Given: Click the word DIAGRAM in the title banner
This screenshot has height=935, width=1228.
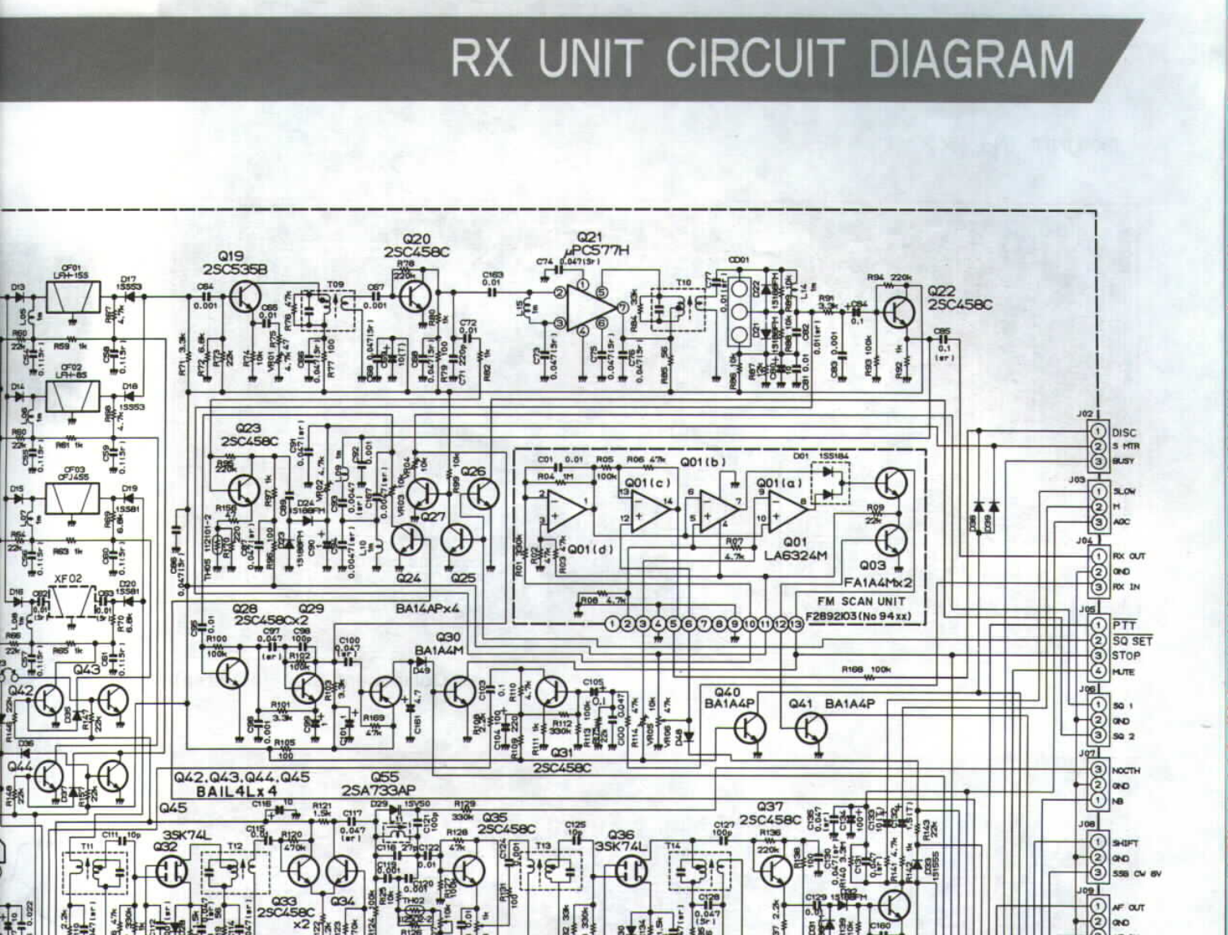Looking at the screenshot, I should point(971,59).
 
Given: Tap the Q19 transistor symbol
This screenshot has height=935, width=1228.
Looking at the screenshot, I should point(244,297).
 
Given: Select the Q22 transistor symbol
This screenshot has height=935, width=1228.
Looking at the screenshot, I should point(899,311).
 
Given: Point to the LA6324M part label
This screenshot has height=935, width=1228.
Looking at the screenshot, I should point(795,555).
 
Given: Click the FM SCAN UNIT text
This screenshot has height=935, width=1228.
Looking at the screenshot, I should point(861,601).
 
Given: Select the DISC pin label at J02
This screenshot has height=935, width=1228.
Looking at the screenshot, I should point(1124,433).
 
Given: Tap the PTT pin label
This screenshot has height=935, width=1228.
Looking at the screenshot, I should point(1124,625).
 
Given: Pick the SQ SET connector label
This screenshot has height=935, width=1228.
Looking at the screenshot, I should point(1131,640).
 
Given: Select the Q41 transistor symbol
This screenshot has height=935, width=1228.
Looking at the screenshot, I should point(810,728).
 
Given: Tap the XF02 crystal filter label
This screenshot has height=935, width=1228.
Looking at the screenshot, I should point(68,579).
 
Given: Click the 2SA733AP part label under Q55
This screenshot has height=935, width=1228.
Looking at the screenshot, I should point(378,791).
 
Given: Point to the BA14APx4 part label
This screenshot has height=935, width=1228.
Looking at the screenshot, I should point(428,607).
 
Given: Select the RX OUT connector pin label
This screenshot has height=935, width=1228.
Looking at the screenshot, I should point(1128,556).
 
